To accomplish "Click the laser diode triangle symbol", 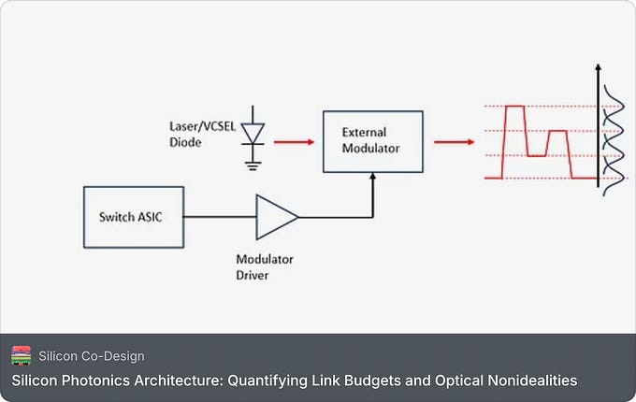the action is pos(253,134).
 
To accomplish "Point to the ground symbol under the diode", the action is pos(253,165).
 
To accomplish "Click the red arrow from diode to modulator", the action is pos(294,142).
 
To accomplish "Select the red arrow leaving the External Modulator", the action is pos(455,142).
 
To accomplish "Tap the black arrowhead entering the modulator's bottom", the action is pos(373,177).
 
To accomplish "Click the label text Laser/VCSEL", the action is pos(202,126).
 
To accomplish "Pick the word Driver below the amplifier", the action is pos(253,276).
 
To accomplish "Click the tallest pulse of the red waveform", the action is pos(514,107).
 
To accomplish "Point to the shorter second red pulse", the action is pos(557,131).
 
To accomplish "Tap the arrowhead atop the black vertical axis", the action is pos(598,67).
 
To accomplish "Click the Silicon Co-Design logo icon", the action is pos(22,356).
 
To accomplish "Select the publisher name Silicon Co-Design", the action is pos(92,356).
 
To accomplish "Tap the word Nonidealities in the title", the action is pos(532,380).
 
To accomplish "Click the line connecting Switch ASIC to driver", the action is pos(220,217).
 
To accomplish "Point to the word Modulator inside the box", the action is pos(370,149).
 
